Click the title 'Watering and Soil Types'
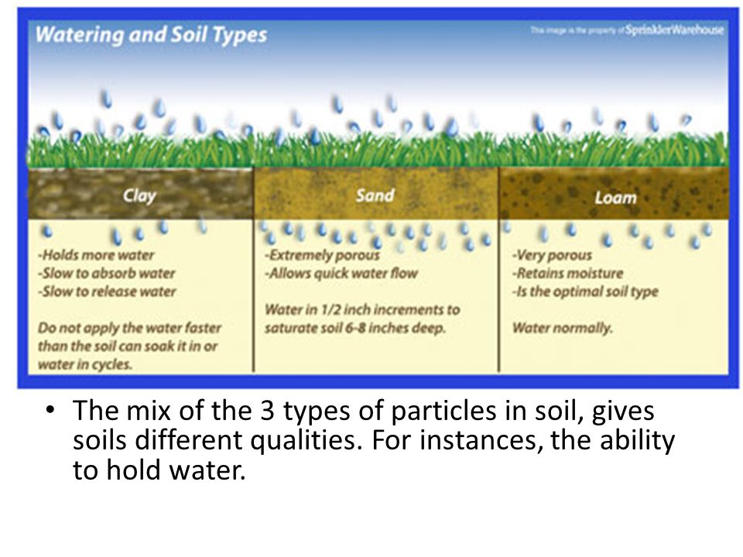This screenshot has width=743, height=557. [x=151, y=36]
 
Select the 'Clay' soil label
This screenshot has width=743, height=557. [x=139, y=196]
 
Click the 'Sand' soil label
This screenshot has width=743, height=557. [x=375, y=195]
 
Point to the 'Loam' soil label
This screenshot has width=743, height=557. [x=615, y=197]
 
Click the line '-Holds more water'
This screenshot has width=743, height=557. [x=96, y=255]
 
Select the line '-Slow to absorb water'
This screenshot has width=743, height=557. [x=107, y=273]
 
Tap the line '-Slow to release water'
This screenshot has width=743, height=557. [x=107, y=292]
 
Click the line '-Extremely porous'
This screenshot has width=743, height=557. [x=322, y=255]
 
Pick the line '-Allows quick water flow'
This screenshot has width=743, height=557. [x=341, y=273]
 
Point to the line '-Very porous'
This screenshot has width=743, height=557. [x=552, y=255]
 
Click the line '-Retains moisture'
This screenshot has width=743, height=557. [x=567, y=273]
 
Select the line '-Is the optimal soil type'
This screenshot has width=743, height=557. [x=585, y=292]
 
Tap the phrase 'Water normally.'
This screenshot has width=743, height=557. [x=563, y=328]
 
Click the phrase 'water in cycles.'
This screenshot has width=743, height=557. [x=85, y=364]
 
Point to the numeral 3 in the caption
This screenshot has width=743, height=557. [x=267, y=410]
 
